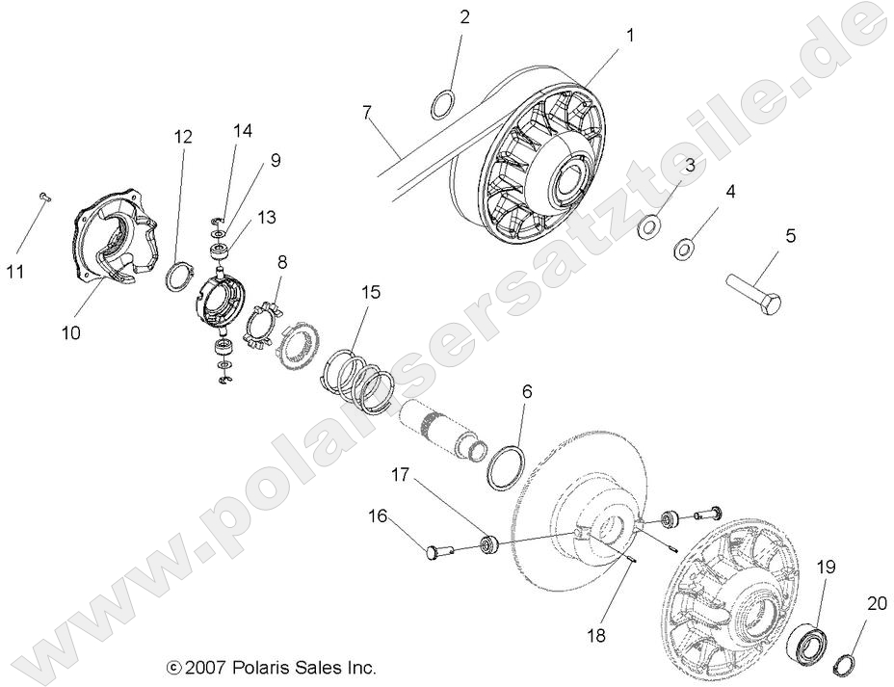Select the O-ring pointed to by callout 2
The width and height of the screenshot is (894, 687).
tap(441, 103)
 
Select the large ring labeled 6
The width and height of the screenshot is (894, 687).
tap(506, 455)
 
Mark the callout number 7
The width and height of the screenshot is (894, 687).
tap(367, 113)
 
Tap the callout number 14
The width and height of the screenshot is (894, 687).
tap(242, 131)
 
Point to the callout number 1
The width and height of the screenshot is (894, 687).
tap(630, 35)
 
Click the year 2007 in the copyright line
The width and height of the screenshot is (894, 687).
tap(204, 667)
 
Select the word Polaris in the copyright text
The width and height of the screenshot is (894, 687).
tap(259, 667)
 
